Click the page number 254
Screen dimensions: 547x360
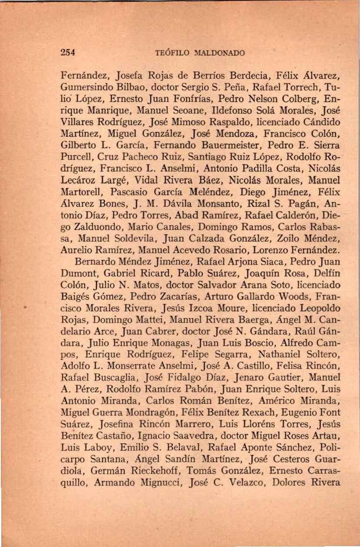point(68,53)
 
